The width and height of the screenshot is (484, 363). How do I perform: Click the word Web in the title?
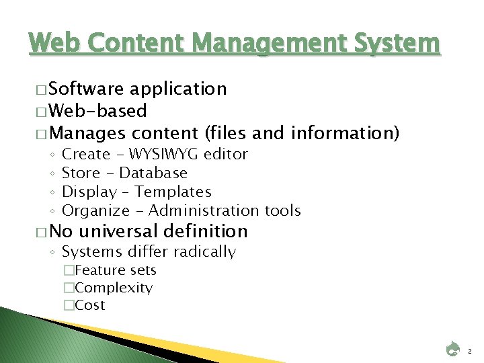point(52,44)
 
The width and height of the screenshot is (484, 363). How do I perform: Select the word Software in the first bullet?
point(86,89)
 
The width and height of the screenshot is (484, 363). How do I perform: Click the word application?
point(178,89)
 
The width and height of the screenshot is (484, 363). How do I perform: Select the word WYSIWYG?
point(165,155)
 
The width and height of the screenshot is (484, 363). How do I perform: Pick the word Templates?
point(173,192)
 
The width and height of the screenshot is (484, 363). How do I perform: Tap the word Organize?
point(95,211)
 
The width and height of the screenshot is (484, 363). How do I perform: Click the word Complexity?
point(114,288)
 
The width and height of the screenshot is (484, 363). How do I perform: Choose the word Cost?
point(91,306)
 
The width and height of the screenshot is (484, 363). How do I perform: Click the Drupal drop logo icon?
point(453,350)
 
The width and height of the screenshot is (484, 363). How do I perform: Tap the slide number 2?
point(470,350)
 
